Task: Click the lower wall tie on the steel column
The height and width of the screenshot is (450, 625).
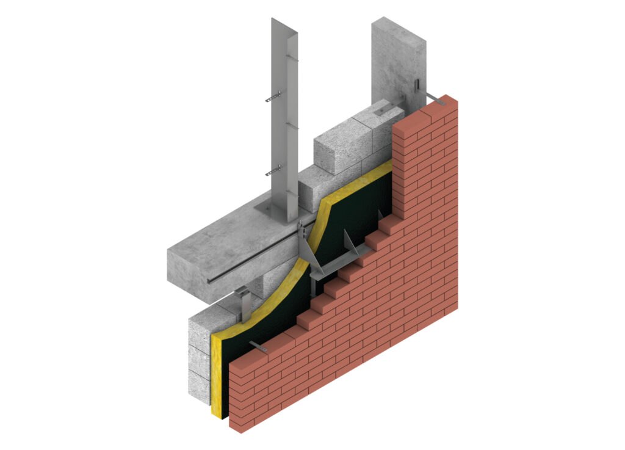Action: point(273,172)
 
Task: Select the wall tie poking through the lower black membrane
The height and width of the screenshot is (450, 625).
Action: point(259,347)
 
